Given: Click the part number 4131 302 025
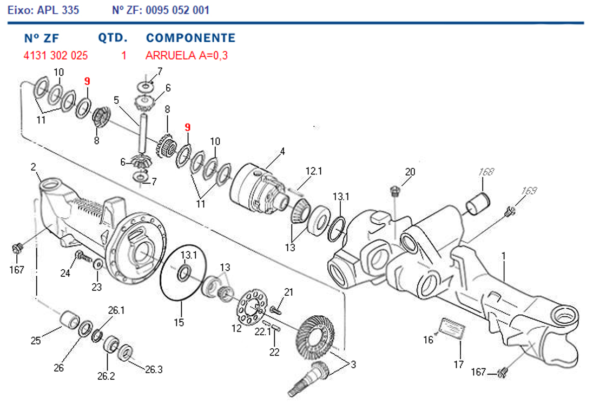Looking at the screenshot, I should (56, 55).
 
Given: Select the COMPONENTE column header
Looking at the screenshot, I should (190, 38).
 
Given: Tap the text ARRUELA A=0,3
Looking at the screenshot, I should (183, 55).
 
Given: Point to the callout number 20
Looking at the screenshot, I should (410, 172).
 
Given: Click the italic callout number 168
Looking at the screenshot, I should (486, 172).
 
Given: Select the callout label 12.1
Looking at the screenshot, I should (314, 171).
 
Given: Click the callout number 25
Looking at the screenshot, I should (36, 341).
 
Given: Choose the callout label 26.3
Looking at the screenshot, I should (153, 369).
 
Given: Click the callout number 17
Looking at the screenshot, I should (458, 364).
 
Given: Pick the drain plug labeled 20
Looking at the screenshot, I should (395, 190).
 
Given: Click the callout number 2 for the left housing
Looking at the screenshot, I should (34, 167).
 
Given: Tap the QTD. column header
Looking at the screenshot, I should (113, 38).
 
